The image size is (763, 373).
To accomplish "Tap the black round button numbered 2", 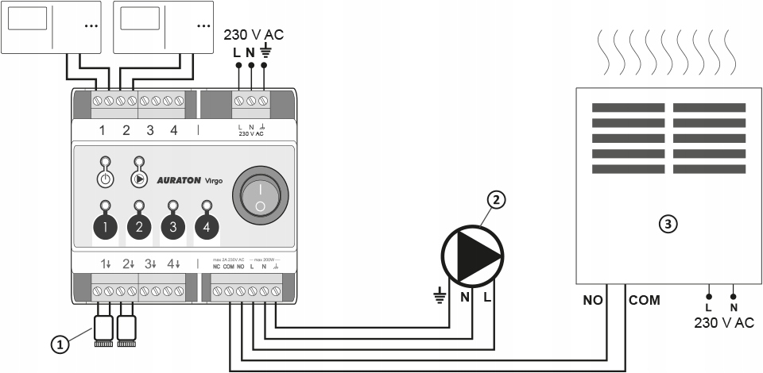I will (139, 228).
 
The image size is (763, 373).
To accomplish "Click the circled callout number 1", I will (57, 344).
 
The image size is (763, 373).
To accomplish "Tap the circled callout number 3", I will (669, 225).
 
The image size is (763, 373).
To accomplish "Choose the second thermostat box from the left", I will (164, 25).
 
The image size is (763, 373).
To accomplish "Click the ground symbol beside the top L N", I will (265, 53).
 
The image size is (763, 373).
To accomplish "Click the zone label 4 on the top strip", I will (173, 131).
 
